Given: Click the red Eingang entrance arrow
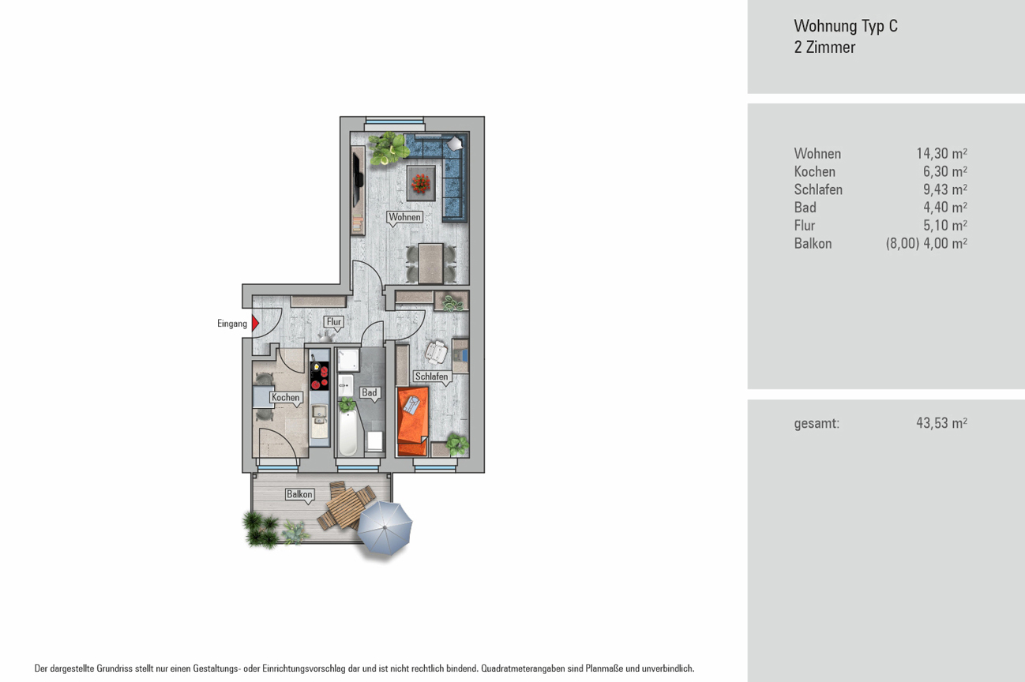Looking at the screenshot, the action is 255,323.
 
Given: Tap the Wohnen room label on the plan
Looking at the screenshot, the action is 404,217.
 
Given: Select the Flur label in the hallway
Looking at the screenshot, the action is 334,321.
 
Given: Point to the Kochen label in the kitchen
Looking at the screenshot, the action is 286,397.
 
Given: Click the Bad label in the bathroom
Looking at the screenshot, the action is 370,392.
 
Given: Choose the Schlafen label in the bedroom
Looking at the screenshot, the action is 431,376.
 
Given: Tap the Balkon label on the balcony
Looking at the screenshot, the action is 299,494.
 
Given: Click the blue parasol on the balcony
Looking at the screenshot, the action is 385,527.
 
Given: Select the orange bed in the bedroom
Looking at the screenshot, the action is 413,422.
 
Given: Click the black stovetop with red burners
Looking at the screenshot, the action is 319,376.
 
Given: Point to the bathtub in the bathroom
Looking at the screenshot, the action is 347,432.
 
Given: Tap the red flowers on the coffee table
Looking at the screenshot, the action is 421,183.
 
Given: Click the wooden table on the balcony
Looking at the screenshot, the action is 347,507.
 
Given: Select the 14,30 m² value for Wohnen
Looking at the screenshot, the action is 942,153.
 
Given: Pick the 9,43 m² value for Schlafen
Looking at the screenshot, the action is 945,189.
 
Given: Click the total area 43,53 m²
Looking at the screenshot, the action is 942,422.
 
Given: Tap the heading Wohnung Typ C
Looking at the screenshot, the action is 846,26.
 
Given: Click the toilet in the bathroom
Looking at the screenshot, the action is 375,441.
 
